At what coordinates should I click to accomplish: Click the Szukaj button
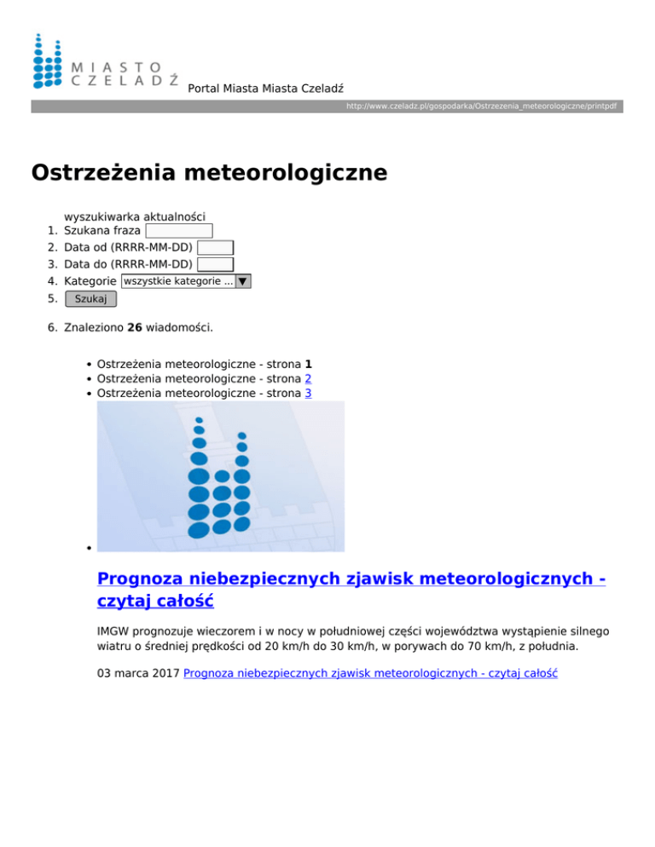point(90,299)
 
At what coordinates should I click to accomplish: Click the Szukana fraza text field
point(178,231)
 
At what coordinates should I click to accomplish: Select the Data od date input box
point(215,248)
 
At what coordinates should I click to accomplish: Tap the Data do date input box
point(215,264)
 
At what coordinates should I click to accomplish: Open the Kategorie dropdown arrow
point(243,281)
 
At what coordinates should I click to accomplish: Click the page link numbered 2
point(308,377)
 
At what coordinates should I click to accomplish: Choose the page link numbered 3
point(308,393)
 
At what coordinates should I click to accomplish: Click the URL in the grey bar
point(481,107)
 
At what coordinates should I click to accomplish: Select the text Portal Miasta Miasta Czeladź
point(265,88)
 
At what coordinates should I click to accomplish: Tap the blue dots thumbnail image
point(221,476)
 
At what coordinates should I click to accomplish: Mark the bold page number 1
point(308,362)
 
